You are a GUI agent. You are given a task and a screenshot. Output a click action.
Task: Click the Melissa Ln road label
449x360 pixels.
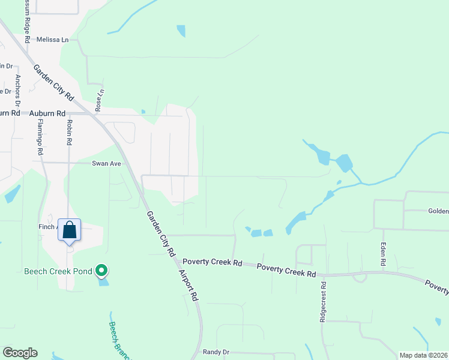tap(53, 40)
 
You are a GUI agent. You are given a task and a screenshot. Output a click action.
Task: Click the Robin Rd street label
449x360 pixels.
tap(70, 133)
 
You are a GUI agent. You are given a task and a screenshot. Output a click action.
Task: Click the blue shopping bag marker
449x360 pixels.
tap(70, 230)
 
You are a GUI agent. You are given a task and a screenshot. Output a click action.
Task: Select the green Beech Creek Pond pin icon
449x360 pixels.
tap(102, 271)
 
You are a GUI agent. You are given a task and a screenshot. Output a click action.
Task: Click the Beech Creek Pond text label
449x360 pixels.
tap(58, 271)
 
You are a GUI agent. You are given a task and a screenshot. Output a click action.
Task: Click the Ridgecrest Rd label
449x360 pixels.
tap(323, 302)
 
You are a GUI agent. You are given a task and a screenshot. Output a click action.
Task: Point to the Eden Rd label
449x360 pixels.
tap(382, 254)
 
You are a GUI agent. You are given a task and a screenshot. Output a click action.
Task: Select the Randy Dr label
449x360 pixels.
tap(216, 352)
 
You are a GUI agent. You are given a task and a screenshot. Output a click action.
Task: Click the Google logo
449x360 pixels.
tap(20, 353)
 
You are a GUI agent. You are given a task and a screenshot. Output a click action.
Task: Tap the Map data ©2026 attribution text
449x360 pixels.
tap(423, 355)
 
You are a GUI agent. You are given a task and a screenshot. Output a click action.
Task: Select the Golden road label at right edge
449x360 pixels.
tap(438, 211)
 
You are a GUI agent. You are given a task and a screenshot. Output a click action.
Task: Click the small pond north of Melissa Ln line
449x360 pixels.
tap(181, 31)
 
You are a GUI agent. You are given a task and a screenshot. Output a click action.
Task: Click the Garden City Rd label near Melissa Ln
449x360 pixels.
tap(53, 83)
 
